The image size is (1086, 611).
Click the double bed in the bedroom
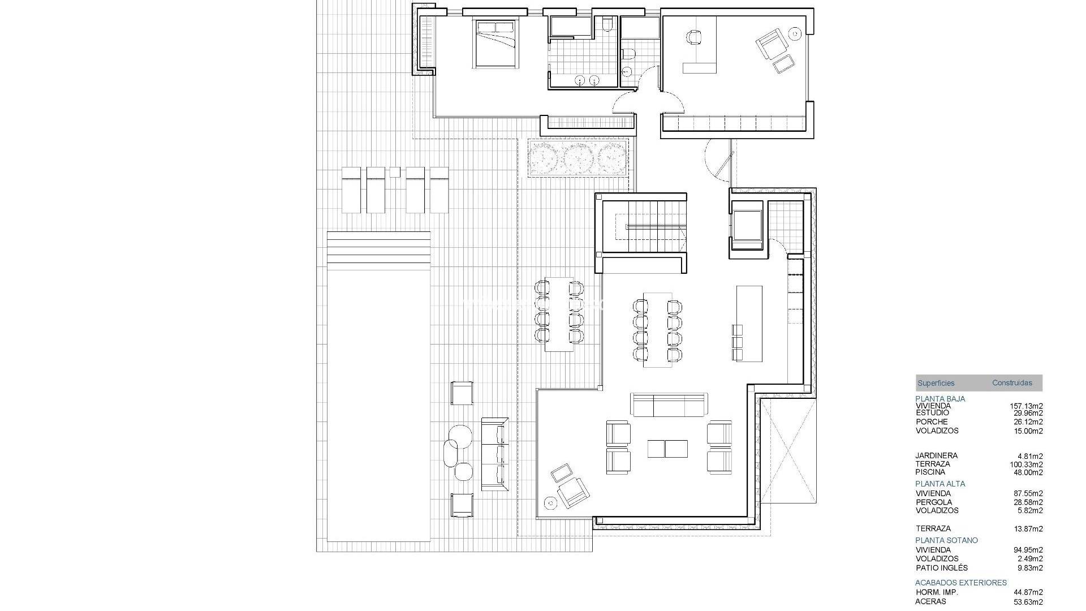coord(496,44)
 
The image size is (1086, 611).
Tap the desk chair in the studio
coord(694,37)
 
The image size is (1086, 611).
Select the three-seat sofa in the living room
coord(669,405)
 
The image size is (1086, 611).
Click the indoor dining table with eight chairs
coord(657,330)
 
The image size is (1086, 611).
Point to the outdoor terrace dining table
coord(559,314)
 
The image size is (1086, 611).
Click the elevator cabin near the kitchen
coord(747,226)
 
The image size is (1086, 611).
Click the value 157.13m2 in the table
coord(1027,406)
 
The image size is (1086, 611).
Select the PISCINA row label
coord(930,472)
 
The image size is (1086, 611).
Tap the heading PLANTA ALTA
coord(940,484)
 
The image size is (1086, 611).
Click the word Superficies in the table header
coord(936,383)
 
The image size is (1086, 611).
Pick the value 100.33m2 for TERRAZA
coord(1027,464)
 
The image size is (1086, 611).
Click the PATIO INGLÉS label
coord(942,568)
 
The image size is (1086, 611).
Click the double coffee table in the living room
coord(668,449)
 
